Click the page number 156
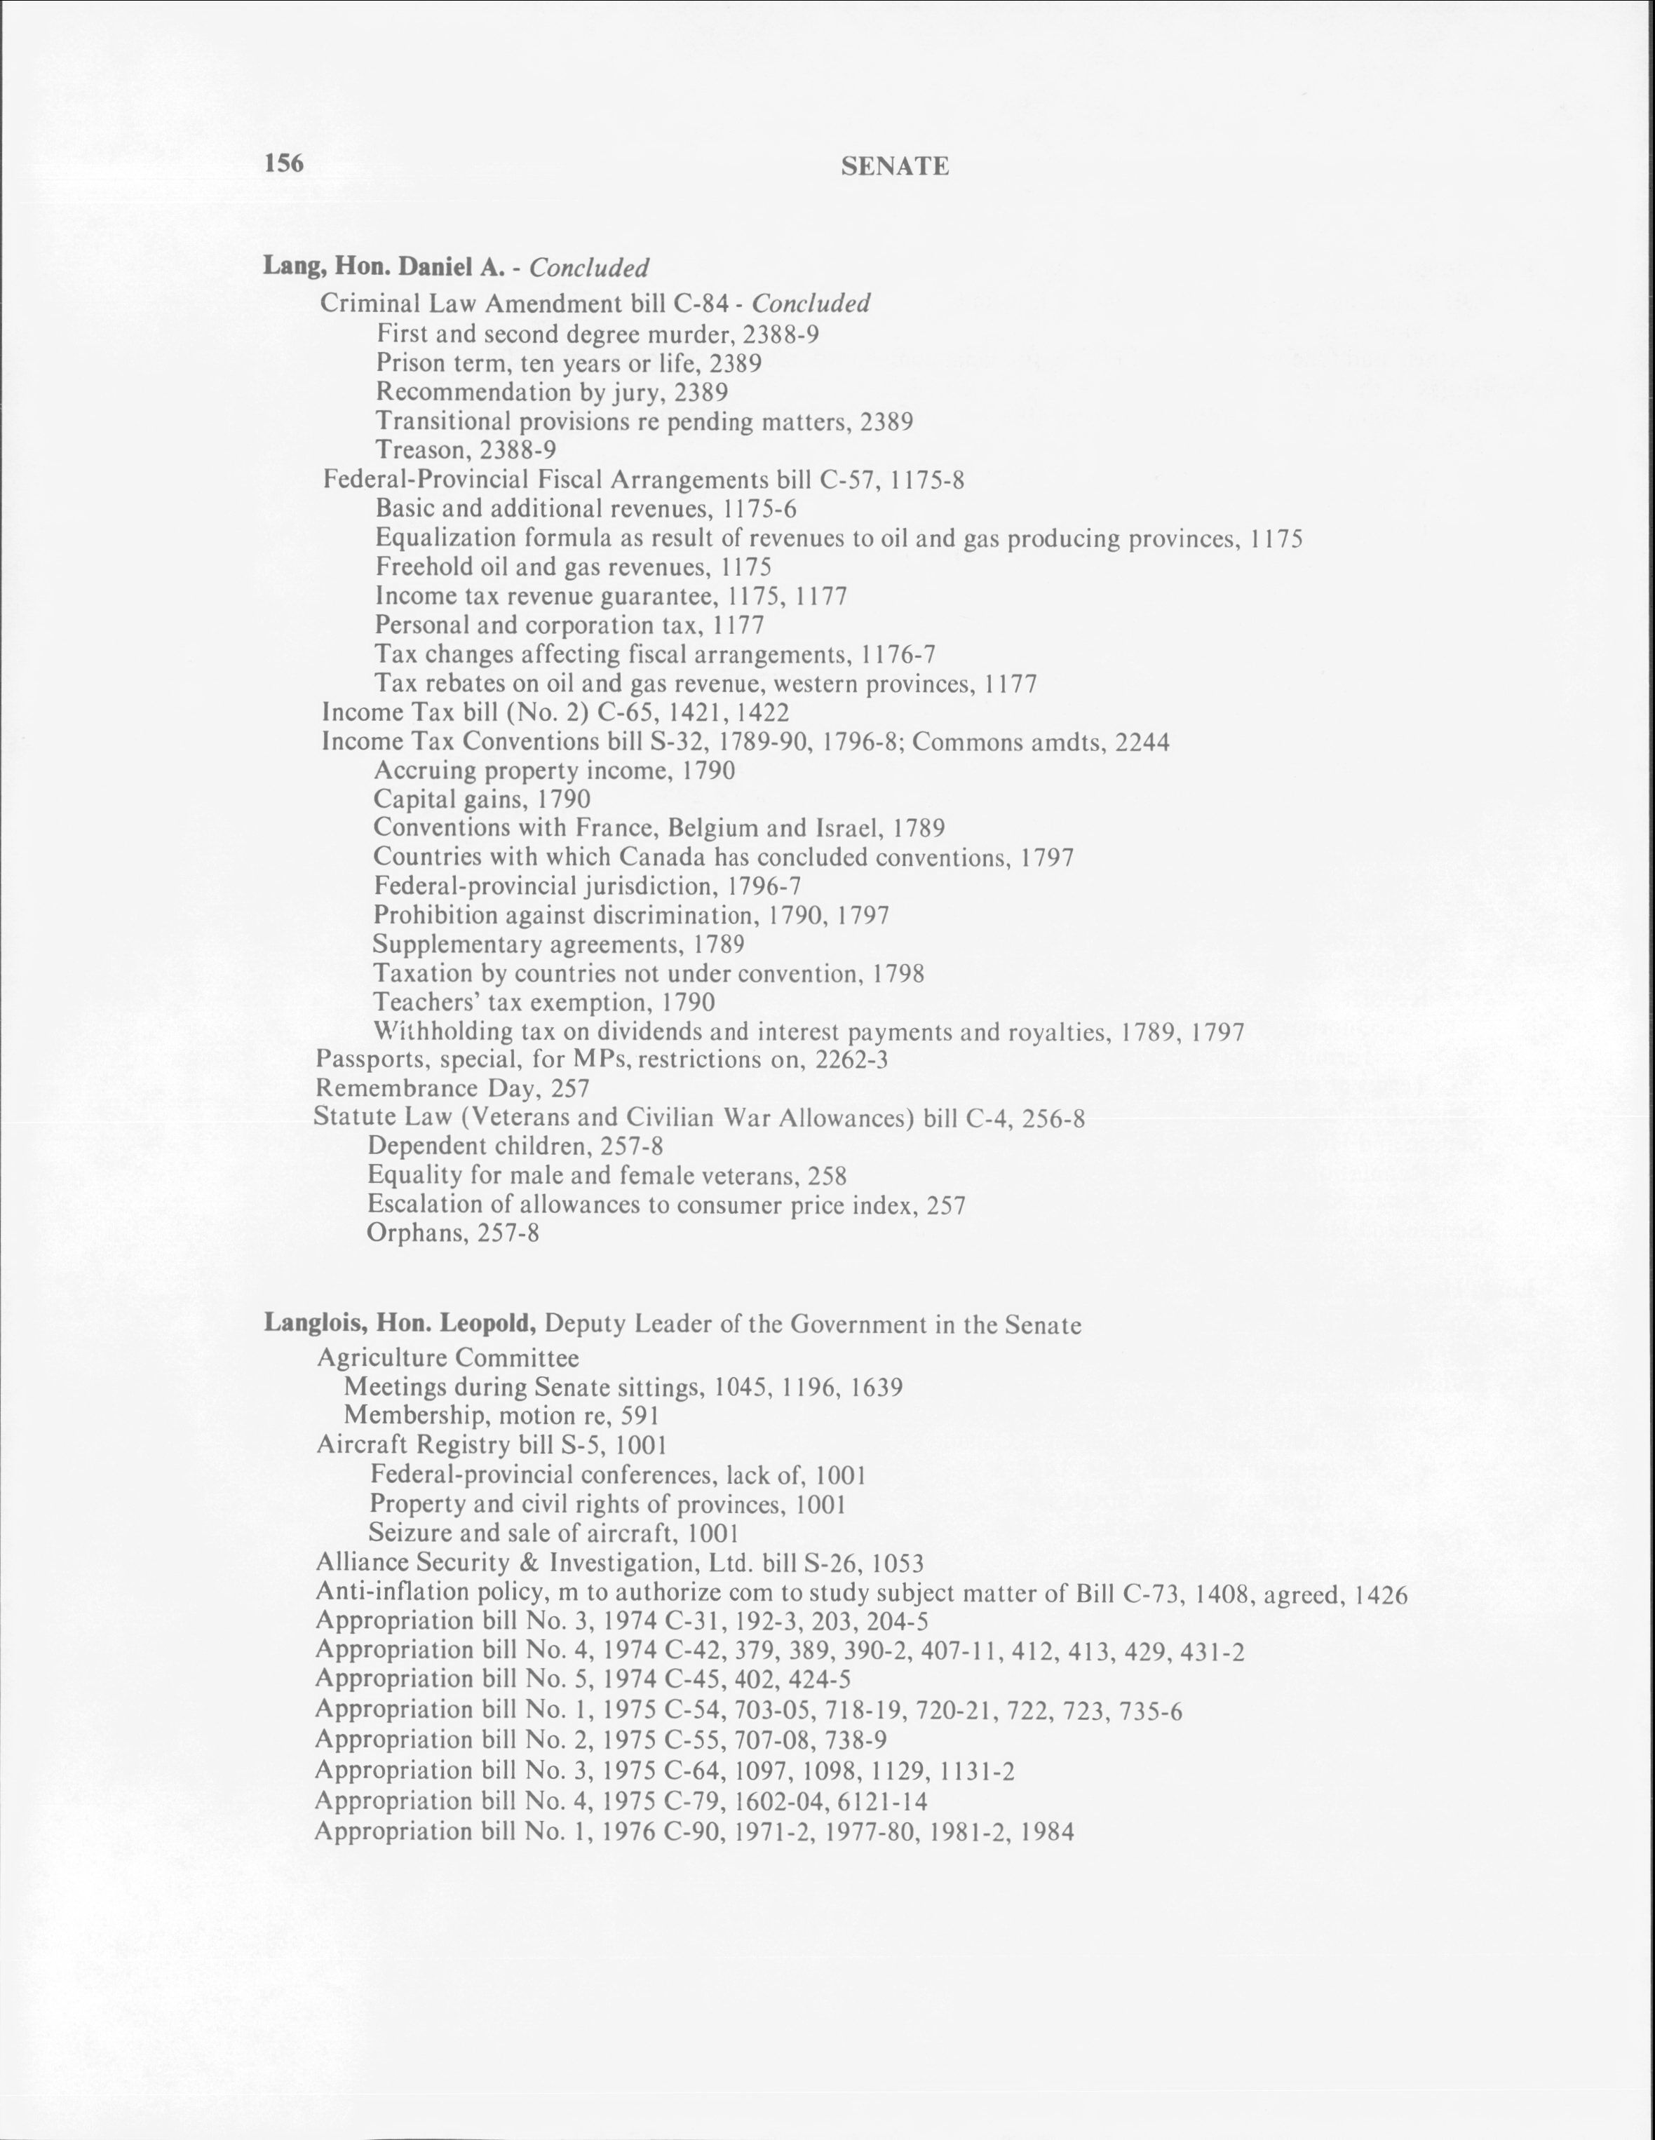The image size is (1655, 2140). tap(284, 163)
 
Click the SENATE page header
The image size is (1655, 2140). tap(895, 167)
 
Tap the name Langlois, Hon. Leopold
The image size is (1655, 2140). tap(400, 1325)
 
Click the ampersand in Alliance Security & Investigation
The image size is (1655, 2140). tap(527, 1562)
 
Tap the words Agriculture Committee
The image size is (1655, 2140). tap(448, 1358)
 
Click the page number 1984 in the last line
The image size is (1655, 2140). tap(1048, 1831)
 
